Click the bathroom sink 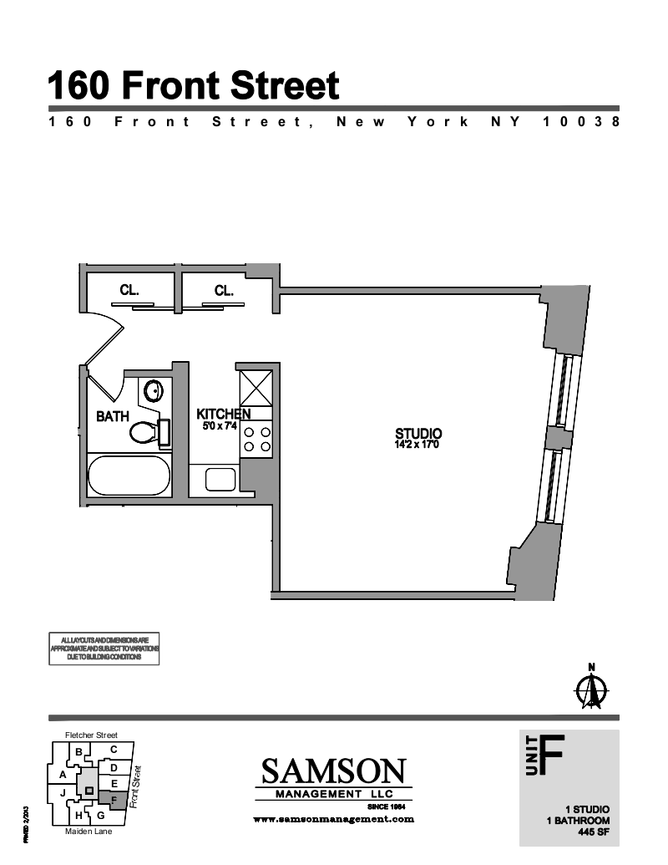coord(154,390)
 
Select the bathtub coord(129,476)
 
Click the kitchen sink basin coord(220,480)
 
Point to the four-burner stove coord(256,440)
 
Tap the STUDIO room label coord(417,434)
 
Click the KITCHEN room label coord(223,414)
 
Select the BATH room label coord(112,415)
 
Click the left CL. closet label coord(129,291)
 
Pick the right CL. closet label coord(224,291)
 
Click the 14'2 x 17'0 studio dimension coord(417,445)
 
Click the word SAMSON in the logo coord(334,771)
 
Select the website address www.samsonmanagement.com coord(333,820)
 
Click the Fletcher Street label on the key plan coord(91,735)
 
